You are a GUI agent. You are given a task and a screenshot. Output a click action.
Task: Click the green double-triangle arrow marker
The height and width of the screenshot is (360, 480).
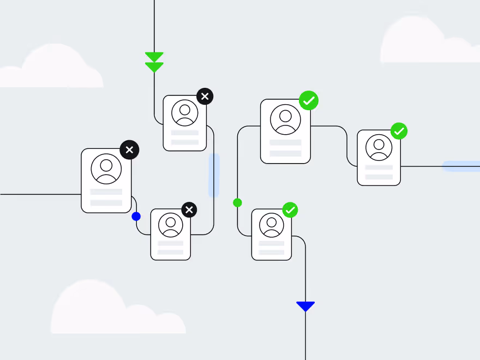[x=154, y=62]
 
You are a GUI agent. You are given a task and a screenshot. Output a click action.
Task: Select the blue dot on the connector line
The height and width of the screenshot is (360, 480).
[x=136, y=217]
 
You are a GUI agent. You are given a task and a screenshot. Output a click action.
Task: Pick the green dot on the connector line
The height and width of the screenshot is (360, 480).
[x=237, y=203]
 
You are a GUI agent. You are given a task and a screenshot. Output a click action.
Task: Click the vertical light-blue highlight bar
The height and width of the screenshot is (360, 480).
[x=214, y=175]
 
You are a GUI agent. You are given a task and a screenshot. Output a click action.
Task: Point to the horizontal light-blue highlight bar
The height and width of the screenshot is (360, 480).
[x=461, y=166]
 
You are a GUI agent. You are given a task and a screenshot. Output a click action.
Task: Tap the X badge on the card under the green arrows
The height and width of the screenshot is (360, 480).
[x=205, y=97]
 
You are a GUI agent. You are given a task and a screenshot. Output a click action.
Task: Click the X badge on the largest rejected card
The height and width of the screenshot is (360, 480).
[x=129, y=149]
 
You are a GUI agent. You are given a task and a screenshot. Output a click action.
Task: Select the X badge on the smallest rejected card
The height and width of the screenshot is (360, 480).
[x=189, y=209]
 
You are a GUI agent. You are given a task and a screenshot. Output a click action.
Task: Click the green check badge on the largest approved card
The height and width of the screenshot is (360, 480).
[x=309, y=100]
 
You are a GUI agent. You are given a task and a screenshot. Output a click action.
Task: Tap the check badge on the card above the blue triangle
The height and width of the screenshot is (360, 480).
[x=290, y=210]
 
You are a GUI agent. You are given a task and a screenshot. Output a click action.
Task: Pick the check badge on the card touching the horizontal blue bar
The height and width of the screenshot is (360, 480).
[x=399, y=131]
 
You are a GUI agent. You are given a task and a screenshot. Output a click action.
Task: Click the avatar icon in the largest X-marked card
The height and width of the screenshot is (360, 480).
[x=106, y=169]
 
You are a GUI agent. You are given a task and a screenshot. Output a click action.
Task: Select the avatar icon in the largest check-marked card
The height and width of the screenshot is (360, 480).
[x=285, y=121]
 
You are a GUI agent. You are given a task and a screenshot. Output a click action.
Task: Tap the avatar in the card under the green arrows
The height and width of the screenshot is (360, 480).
[x=185, y=113]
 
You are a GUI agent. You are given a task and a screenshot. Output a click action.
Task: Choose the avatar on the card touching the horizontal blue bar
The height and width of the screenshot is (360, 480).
[x=379, y=147]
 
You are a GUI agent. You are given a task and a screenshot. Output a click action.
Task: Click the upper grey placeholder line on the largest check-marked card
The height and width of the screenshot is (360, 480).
[x=285, y=142]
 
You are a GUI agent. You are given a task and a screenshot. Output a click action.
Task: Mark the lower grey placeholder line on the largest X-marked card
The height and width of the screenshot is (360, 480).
[x=106, y=202]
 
